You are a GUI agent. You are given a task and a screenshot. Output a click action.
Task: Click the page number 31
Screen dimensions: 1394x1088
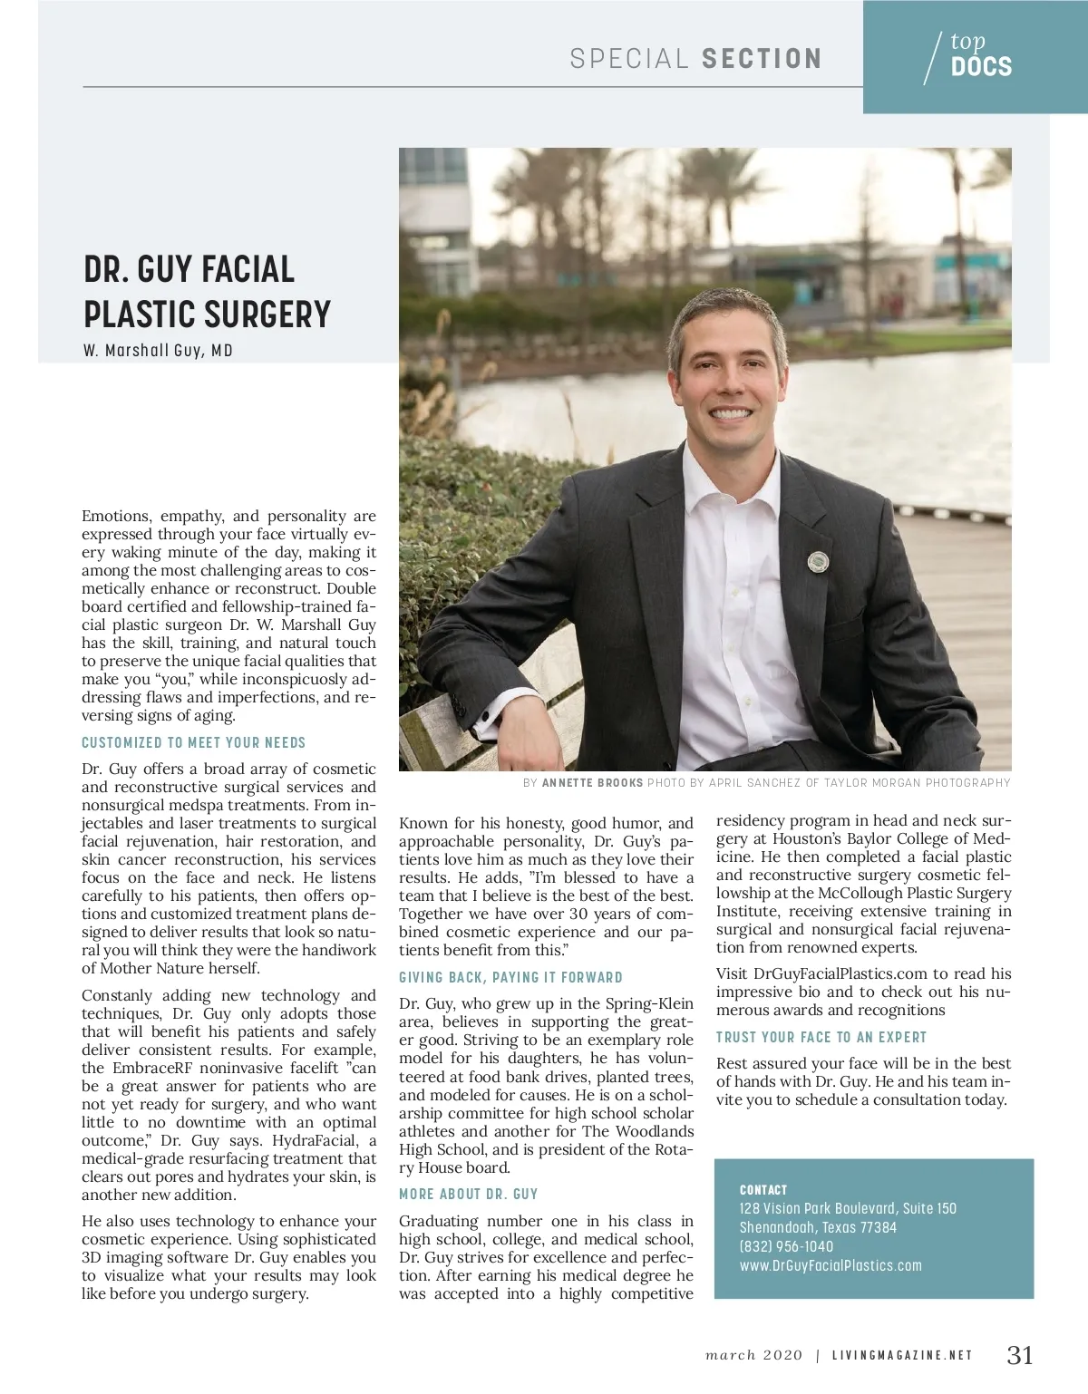(x=1020, y=1355)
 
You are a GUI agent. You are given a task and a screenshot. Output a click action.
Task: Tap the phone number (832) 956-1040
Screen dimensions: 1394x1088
(x=786, y=1246)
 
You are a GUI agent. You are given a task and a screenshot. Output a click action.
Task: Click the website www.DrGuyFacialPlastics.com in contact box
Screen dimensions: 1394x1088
(x=831, y=1265)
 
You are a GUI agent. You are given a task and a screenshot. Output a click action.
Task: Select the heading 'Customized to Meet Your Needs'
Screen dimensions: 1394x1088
(x=194, y=742)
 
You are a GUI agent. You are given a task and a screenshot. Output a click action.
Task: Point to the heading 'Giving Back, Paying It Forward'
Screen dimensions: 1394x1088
(x=510, y=977)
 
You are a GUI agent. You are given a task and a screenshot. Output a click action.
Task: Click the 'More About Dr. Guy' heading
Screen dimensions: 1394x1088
(x=469, y=1194)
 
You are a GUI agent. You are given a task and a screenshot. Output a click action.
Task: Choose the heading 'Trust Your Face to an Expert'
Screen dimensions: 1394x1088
(x=821, y=1037)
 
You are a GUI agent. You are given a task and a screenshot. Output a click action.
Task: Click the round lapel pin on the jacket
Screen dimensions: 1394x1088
(x=818, y=562)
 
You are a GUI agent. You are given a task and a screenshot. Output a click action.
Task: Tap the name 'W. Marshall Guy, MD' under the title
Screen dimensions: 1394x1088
(x=158, y=351)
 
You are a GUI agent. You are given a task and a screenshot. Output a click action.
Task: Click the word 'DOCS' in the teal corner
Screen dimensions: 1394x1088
(x=981, y=66)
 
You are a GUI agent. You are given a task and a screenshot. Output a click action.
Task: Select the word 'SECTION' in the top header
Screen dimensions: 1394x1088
(x=762, y=59)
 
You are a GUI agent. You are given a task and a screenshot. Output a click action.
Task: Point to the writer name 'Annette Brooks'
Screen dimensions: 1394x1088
(x=592, y=783)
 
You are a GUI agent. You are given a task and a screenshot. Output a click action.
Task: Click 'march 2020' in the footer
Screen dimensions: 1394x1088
(x=753, y=1355)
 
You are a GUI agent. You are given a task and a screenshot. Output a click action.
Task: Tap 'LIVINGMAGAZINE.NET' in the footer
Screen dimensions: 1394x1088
(x=902, y=1356)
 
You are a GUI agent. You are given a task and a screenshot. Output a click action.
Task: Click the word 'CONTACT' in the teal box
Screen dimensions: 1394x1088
(x=763, y=1190)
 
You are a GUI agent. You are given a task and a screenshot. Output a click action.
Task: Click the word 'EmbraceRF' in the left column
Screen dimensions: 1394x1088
(x=152, y=1068)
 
